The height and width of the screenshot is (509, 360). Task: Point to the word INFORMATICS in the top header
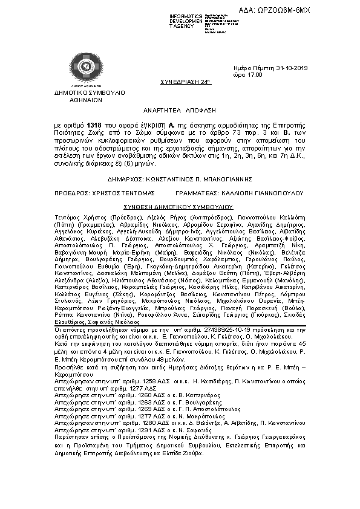pos(170,15)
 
